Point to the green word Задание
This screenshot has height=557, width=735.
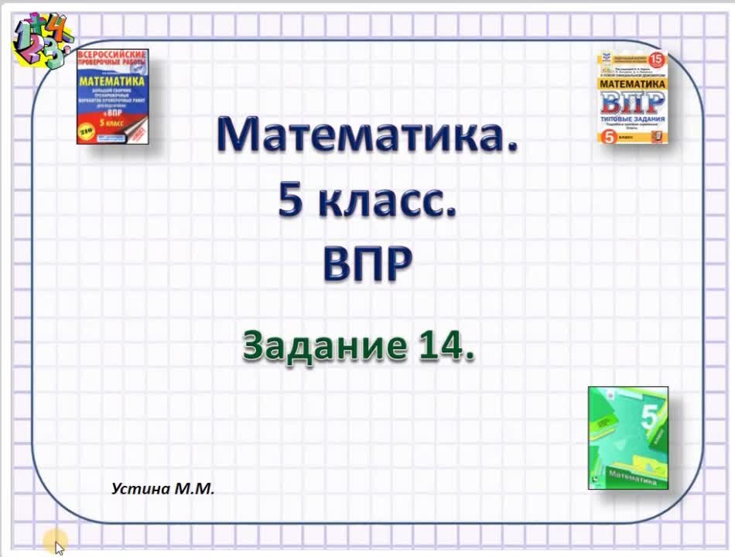[323, 344]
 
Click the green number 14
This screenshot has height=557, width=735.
[443, 344]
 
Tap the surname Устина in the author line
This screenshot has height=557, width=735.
[138, 488]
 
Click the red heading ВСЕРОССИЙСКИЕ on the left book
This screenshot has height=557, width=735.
[113, 56]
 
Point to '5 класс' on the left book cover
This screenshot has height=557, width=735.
[113, 123]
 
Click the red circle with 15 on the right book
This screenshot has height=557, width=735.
[656, 60]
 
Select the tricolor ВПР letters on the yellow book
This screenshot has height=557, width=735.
[632, 102]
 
